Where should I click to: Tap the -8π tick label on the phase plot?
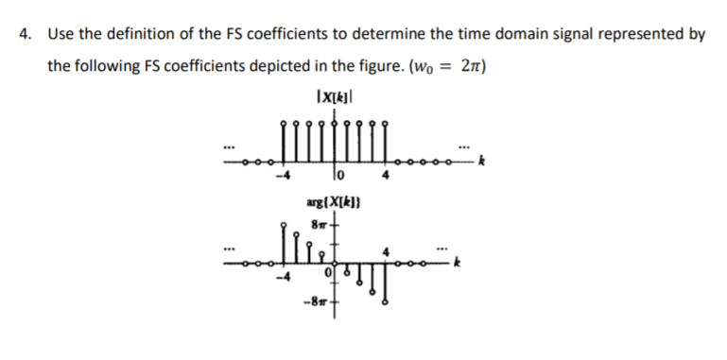point(315,304)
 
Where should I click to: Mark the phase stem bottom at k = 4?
point(385,304)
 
